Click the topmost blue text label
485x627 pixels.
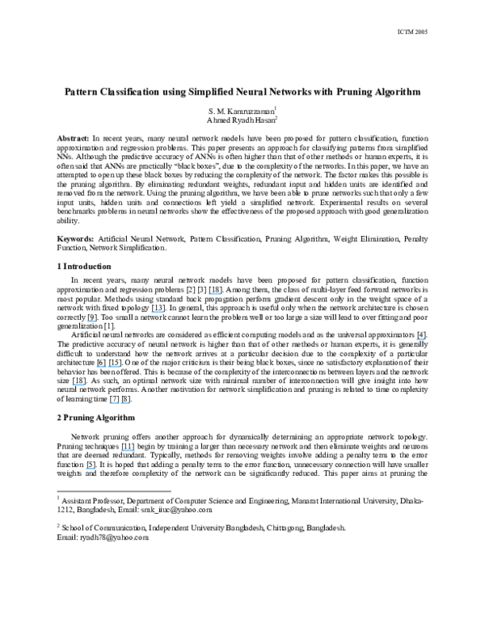[x=214, y=294]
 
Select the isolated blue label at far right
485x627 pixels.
[x=420, y=340]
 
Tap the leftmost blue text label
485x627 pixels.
[x=78, y=385]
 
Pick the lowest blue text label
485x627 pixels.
[x=90, y=469]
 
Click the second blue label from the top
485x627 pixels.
[x=158, y=313]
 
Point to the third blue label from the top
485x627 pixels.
[x=91, y=322]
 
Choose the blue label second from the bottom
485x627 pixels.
[x=128, y=451]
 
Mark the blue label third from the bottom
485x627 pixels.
[x=120, y=403]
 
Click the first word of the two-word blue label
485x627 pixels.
[x=101, y=367]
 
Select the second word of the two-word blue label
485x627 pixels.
[x=115, y=367]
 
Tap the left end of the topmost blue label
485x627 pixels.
[x=209, y=294]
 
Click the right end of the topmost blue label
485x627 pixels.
[x=221, y=294]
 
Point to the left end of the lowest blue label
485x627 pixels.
[x=86, y=469]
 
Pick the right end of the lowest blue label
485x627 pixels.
[x=95, y=469]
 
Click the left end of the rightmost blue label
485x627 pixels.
[x=415, y=340]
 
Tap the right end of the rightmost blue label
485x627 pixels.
[x=425, y=340]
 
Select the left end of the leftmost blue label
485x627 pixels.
[x=73, y=385]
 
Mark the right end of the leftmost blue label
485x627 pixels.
[x=85, y=385]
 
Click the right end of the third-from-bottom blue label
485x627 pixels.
[x=129, y=403]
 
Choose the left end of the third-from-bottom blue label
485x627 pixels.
[x=110, y=403]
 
